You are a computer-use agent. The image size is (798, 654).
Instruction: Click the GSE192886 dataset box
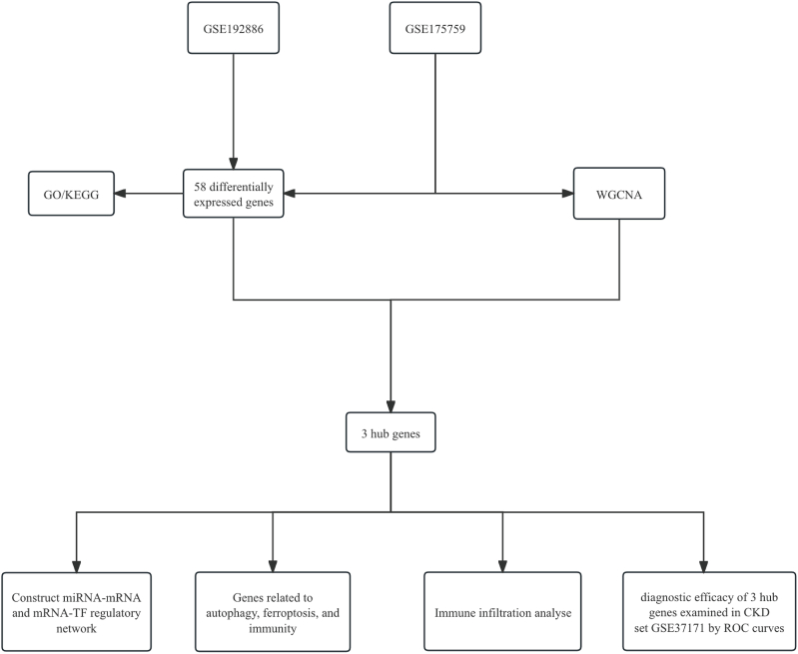click(233, 29)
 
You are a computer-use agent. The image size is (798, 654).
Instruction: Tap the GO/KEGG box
click(70, 193)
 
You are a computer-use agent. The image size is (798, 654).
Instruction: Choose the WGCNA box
click(618, 193)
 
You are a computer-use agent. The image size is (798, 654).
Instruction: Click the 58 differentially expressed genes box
click(233, 193)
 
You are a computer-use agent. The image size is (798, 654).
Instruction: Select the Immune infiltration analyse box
click(501, 612)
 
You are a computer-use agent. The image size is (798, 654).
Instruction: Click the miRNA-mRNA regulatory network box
click(76, 612)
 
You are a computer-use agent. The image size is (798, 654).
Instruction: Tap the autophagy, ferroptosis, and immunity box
click(272, 612)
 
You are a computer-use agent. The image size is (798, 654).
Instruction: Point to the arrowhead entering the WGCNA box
click(566, 193)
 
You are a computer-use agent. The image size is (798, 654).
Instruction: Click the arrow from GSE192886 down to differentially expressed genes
click(233, 110)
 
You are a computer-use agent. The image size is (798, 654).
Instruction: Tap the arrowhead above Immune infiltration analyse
click(501, 565)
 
